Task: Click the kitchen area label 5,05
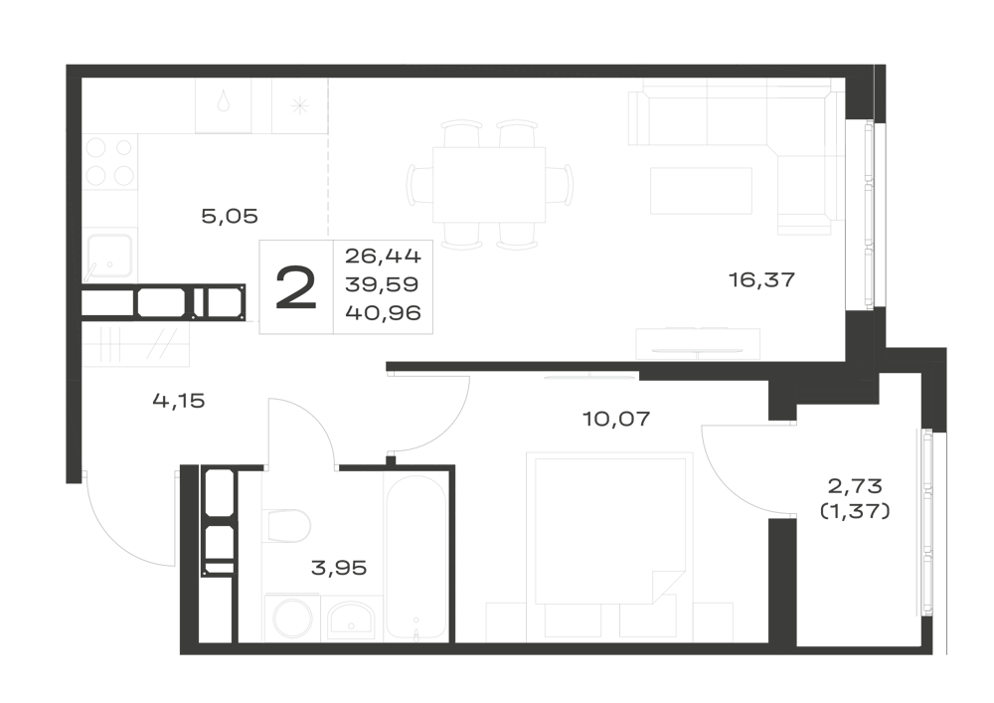pos(230,216)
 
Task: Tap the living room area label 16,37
pos(761,279)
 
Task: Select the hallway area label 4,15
pos(179,401)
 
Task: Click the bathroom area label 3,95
pos(339,568)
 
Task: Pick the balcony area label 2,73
pos(855,486)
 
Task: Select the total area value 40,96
pos(383,312)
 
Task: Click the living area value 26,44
pos(383,257)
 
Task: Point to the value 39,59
pos(382,284)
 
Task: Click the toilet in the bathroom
pos(286,525)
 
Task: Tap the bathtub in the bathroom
pos(415,556)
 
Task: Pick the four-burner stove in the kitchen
pos(109,162)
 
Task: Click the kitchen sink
pos(109,256)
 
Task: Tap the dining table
pos(489,185)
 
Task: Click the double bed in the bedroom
pos(609,529)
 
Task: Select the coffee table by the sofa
pos(701,190)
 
